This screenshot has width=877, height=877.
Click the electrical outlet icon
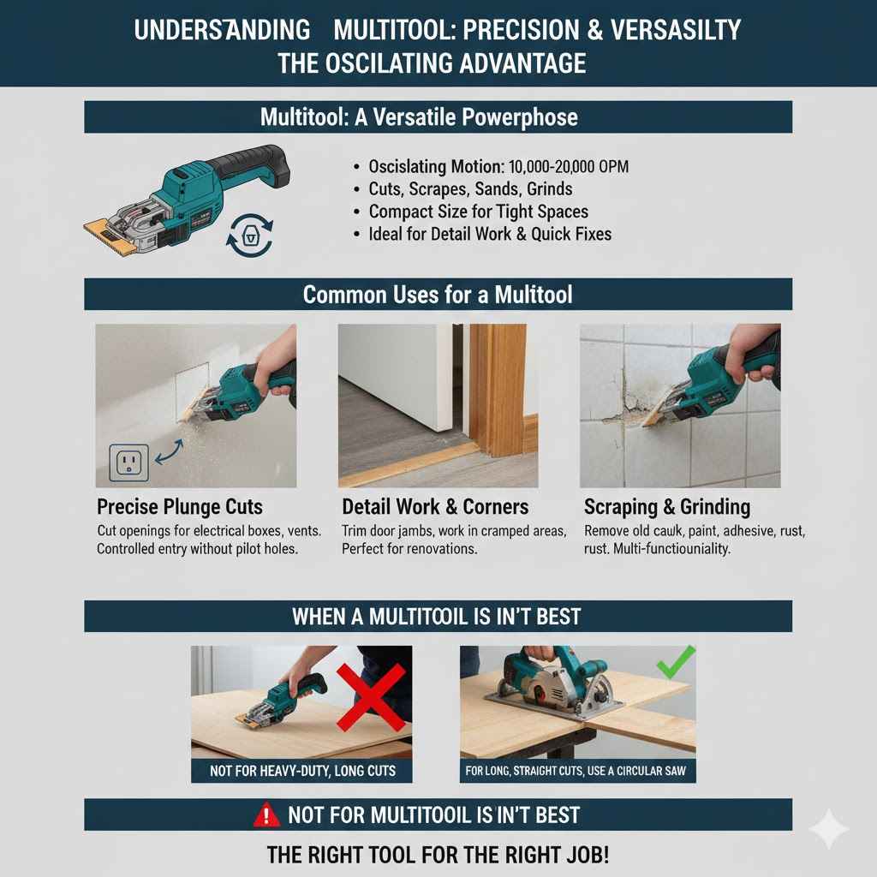tap(129, 463)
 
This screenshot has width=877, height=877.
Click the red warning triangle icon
tap(266, 814)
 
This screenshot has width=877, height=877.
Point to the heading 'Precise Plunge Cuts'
tap(180, 506)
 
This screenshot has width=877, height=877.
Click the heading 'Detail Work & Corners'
tap(435, 506)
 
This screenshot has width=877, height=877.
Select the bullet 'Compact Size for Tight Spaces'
tap(478, 211)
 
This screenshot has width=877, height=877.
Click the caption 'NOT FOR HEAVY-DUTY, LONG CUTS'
tap(302, 771)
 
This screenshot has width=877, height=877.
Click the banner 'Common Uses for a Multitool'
tap(438, 295)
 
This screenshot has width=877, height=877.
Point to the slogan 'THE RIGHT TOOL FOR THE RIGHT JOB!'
tap(438, 854)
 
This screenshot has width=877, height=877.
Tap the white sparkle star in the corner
tap(829, 829)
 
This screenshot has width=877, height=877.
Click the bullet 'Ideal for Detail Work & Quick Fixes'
tap(490, 233)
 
